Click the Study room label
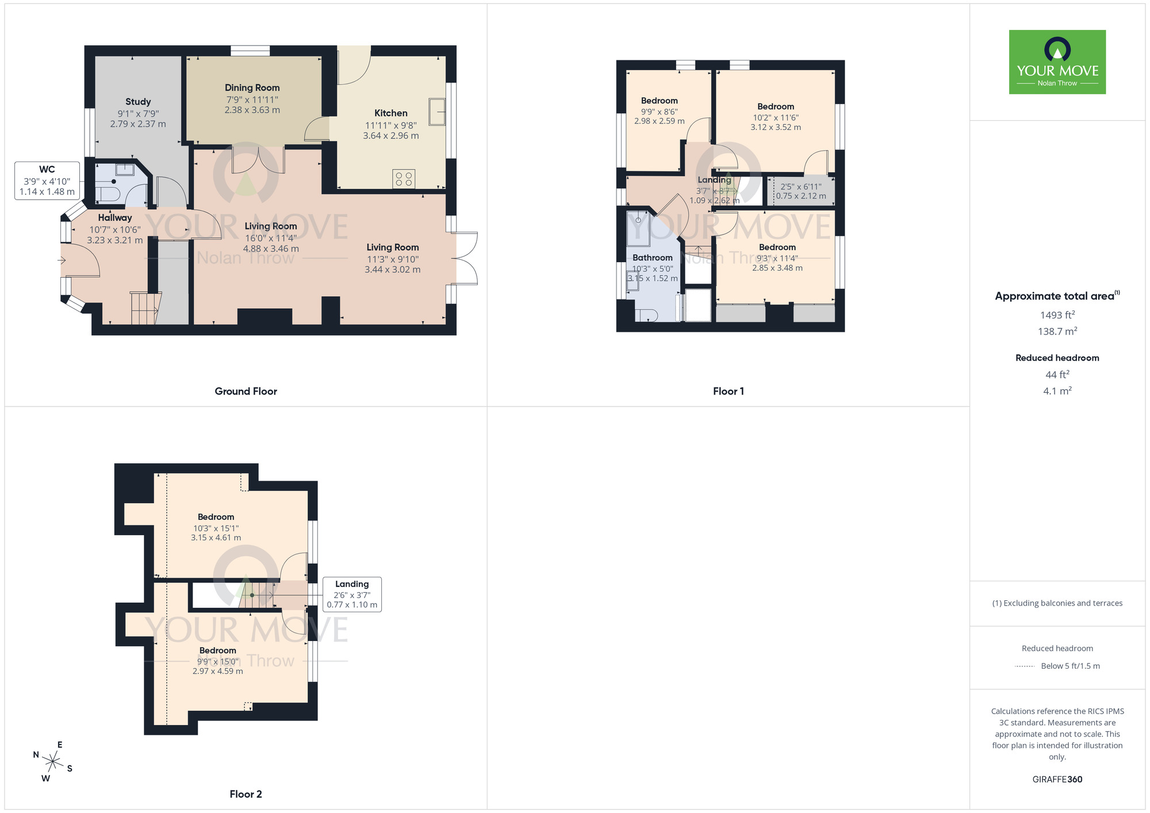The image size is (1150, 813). (138, 102)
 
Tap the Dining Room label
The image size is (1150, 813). (252, 87)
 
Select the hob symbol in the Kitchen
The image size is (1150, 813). (404, 179)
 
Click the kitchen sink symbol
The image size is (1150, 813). (437, 112)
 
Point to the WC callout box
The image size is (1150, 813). (47, 181)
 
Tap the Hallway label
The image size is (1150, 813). (114, 217)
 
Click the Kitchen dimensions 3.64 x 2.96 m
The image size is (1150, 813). (391, 136)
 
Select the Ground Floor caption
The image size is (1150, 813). (246, 391)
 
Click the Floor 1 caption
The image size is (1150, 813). (728, 391)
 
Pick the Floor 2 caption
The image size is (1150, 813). (246, 794)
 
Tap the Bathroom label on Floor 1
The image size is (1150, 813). (652, 258)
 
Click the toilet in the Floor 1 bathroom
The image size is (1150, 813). (646, 315)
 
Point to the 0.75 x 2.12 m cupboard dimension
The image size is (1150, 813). (801, 196)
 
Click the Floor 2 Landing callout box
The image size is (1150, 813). (352, 594)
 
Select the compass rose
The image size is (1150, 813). (53, 762)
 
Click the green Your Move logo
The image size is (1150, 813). (1057, 62)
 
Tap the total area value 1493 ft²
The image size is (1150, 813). (1057, 315)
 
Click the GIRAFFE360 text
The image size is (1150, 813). (1057, 779)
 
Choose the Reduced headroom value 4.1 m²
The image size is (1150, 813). (1057, 391)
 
